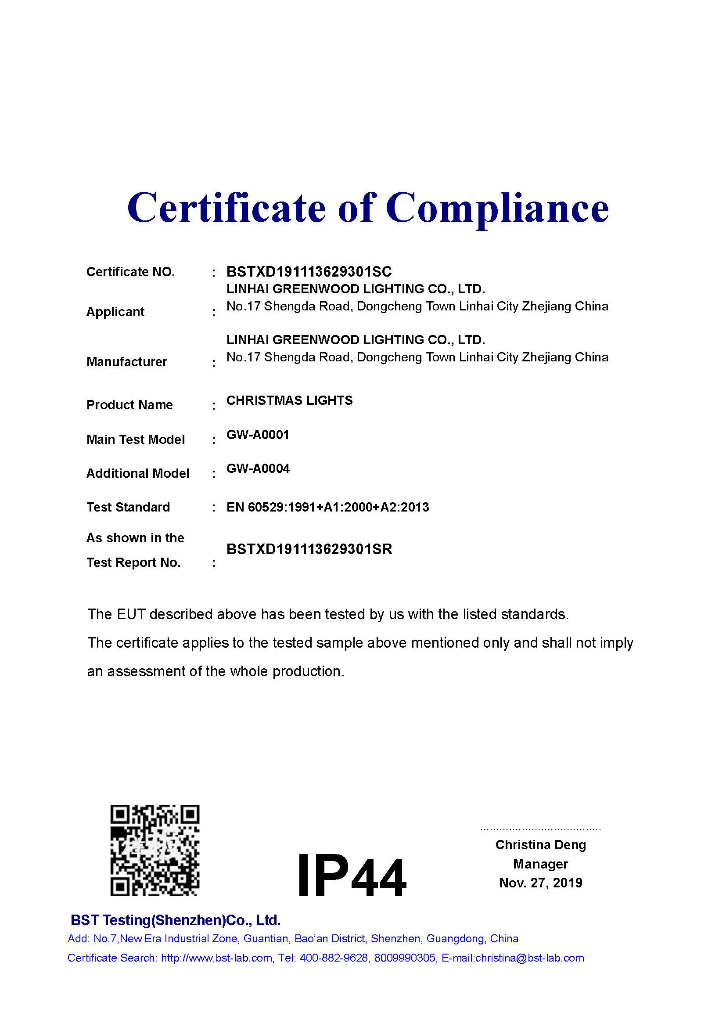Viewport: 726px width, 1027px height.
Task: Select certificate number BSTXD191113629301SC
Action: click(x=309, y=271)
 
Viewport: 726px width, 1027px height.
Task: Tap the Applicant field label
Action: click(x=115, y=312)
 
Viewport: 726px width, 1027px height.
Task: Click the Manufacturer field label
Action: click(x=126, y=361)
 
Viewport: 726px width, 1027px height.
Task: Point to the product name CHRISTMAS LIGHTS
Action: click(x=289, y=400)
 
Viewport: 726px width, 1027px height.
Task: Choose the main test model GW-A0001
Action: click(x=258, y=435)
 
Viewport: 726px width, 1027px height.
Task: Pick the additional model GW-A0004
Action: click(x=258, y=469)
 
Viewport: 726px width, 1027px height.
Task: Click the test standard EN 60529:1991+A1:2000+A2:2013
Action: click(x=328, y=507)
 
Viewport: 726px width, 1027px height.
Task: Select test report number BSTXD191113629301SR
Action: click(x=309, y=549)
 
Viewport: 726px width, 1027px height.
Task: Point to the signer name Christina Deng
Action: click(x=540, y=844)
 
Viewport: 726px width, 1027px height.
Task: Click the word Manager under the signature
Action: click(x=540, y=864)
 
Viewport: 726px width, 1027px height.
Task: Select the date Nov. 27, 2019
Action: click(x=540, y=883)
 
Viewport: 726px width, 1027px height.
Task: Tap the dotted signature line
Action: click(x=540, y=829)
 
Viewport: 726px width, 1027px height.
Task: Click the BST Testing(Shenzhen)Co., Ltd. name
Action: click(x=176, y=920)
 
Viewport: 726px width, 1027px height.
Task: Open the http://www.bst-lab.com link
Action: click(x=217, y=958)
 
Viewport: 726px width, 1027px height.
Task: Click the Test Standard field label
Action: click(x=128, y=507)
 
